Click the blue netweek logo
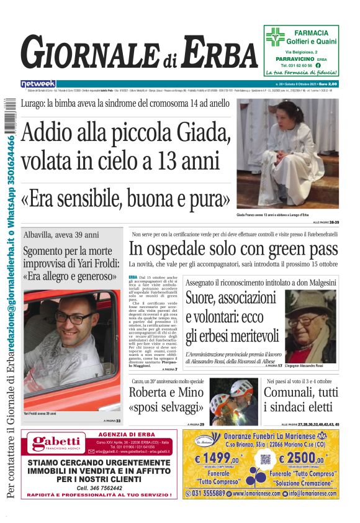tap(38, 83)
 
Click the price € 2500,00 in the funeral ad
tap(303, 460)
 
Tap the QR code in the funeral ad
tap(266, 461)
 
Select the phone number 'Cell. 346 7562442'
tap(99, 488)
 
